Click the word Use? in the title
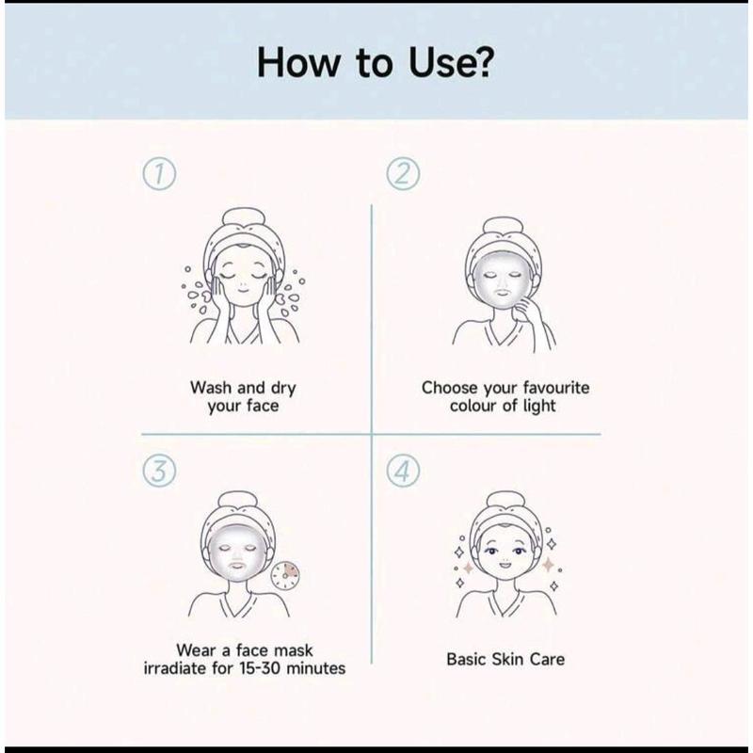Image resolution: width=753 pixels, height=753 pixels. pyautogui.click(x=451, y=62)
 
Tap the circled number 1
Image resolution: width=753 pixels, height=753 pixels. pyautogui.click(x=159, y=174)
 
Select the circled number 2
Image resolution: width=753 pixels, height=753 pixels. pyautogui.click(x=404, y=174)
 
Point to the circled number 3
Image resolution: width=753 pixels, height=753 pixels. pyautogui.click(x=159, y=472)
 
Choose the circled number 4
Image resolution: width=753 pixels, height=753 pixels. pyautogui.click(x=404, y=472)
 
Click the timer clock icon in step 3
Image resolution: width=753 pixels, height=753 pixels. pyautogui.click(x=285, y=575)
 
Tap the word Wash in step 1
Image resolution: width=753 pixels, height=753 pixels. pyautogui.click(x=211, y=387)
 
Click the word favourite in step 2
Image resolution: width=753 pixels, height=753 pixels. pyautogui.click(x=556, y=387)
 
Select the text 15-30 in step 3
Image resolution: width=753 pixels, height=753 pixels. pyautogui.click(x=260, y=668)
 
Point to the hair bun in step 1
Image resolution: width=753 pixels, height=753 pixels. pyautogui.click(x=245, y=216)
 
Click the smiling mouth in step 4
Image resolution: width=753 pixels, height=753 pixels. pyautogui.click(x=505, y=563)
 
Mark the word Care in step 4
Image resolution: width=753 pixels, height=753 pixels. pyautogui.click(x=547, y=659)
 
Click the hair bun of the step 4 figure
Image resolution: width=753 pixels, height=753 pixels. pyautogui.click(x=505, y=499)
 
